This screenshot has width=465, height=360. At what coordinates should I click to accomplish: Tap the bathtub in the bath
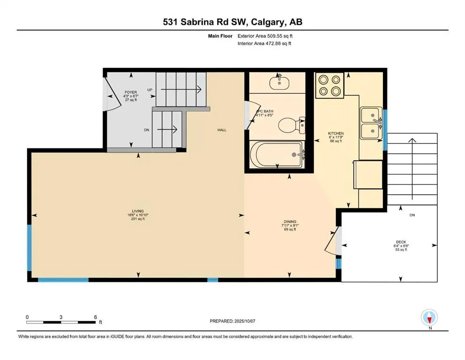pos(277,154)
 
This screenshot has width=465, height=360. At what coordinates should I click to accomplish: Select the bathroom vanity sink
pos(280,82)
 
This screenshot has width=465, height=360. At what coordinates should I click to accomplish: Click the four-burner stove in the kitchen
pos(330,85)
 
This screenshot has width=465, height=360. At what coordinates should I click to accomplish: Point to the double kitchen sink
pos(371,123)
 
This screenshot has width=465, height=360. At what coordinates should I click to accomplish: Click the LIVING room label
pos(138,211)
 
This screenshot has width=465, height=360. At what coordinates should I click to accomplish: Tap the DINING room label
pos(290,222)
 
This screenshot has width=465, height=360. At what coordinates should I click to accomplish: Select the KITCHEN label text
pos(336,134)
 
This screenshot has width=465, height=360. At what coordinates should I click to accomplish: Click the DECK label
pos(401,242)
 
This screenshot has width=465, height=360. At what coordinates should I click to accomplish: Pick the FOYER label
pos(131,92)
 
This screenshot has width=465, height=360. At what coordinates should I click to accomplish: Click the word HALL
pos(222,130)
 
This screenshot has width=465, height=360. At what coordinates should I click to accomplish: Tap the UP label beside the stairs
pos(150,90)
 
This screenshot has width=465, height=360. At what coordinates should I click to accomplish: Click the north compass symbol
pos(429,317)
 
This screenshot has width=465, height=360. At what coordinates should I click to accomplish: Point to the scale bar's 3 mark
pos(61,317)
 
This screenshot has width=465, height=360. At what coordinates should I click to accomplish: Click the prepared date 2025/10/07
pos(244,321)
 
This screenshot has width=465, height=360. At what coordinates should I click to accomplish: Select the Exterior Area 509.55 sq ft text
pos(265,36)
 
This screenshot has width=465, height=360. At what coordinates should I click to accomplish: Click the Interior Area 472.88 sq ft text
pos(264,43)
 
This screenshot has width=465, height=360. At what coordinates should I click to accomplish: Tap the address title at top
pos(232,22)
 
